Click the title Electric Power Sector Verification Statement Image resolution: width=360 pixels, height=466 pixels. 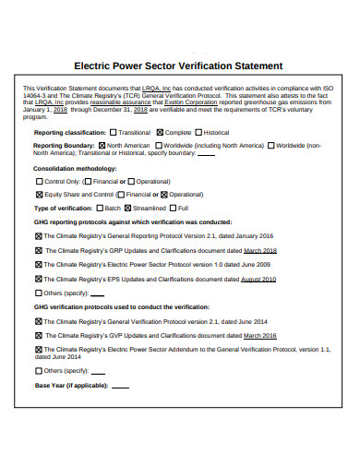[178, 66]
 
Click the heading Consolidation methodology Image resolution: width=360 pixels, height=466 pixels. [75, 169]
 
